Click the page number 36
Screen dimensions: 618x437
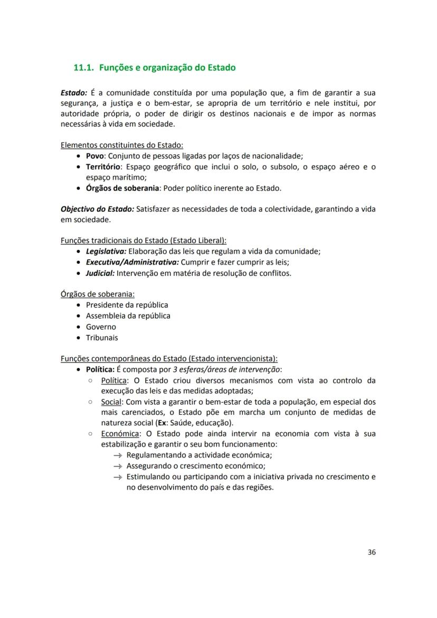(371, 552)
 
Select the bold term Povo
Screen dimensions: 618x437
(95, 156)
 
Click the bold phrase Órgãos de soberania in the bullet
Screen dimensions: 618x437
(122, 188)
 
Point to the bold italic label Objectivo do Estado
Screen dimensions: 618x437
(97, 209)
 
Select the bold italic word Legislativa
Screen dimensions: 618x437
(106, 251)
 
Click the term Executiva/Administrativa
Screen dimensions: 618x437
(132, 262)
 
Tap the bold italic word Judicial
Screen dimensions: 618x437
(100, 273)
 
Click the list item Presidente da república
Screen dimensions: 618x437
(127, 305)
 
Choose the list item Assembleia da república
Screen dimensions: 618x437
(128, 316)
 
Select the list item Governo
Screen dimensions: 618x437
(101, 327)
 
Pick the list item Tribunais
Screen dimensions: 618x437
(102, 337)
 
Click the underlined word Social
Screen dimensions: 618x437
(111, 402)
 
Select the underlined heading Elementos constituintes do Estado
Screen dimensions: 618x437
(122, 145)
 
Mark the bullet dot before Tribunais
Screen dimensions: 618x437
(79, 338)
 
